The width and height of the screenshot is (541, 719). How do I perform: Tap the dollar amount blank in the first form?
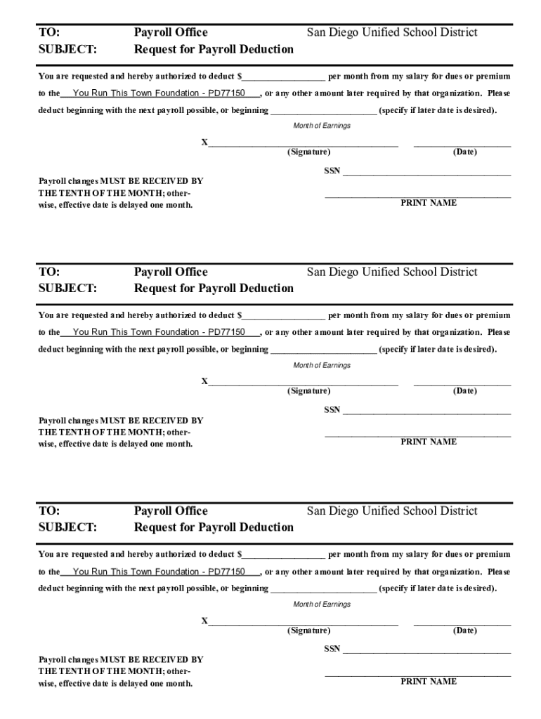click(284, 77)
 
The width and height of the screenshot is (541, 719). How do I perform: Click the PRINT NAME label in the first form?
click(429, 203)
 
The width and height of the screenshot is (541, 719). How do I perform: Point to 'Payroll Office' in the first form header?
click(171, 32)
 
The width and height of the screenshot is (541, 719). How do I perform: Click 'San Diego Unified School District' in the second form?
click(391, 272)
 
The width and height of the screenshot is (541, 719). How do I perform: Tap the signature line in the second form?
click(304, 383)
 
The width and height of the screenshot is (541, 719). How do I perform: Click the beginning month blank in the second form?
click(323, 350)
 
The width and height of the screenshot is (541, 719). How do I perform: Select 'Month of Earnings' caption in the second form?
click(322, 365)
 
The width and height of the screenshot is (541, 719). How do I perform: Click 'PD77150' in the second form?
click(226, 332)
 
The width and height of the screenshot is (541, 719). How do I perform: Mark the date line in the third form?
click(462, 622)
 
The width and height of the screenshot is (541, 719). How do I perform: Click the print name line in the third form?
click(417, 675)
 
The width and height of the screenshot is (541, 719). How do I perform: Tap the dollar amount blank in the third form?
click(284, 555)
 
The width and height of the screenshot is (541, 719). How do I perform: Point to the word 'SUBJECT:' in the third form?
click(67, 527)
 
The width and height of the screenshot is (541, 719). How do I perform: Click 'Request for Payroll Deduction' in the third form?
click(214, 527)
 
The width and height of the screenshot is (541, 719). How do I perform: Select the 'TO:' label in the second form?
click(49, 272)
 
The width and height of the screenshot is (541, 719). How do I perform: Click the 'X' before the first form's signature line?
click(204, 143)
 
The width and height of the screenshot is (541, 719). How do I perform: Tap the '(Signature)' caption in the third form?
click(308, 631)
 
